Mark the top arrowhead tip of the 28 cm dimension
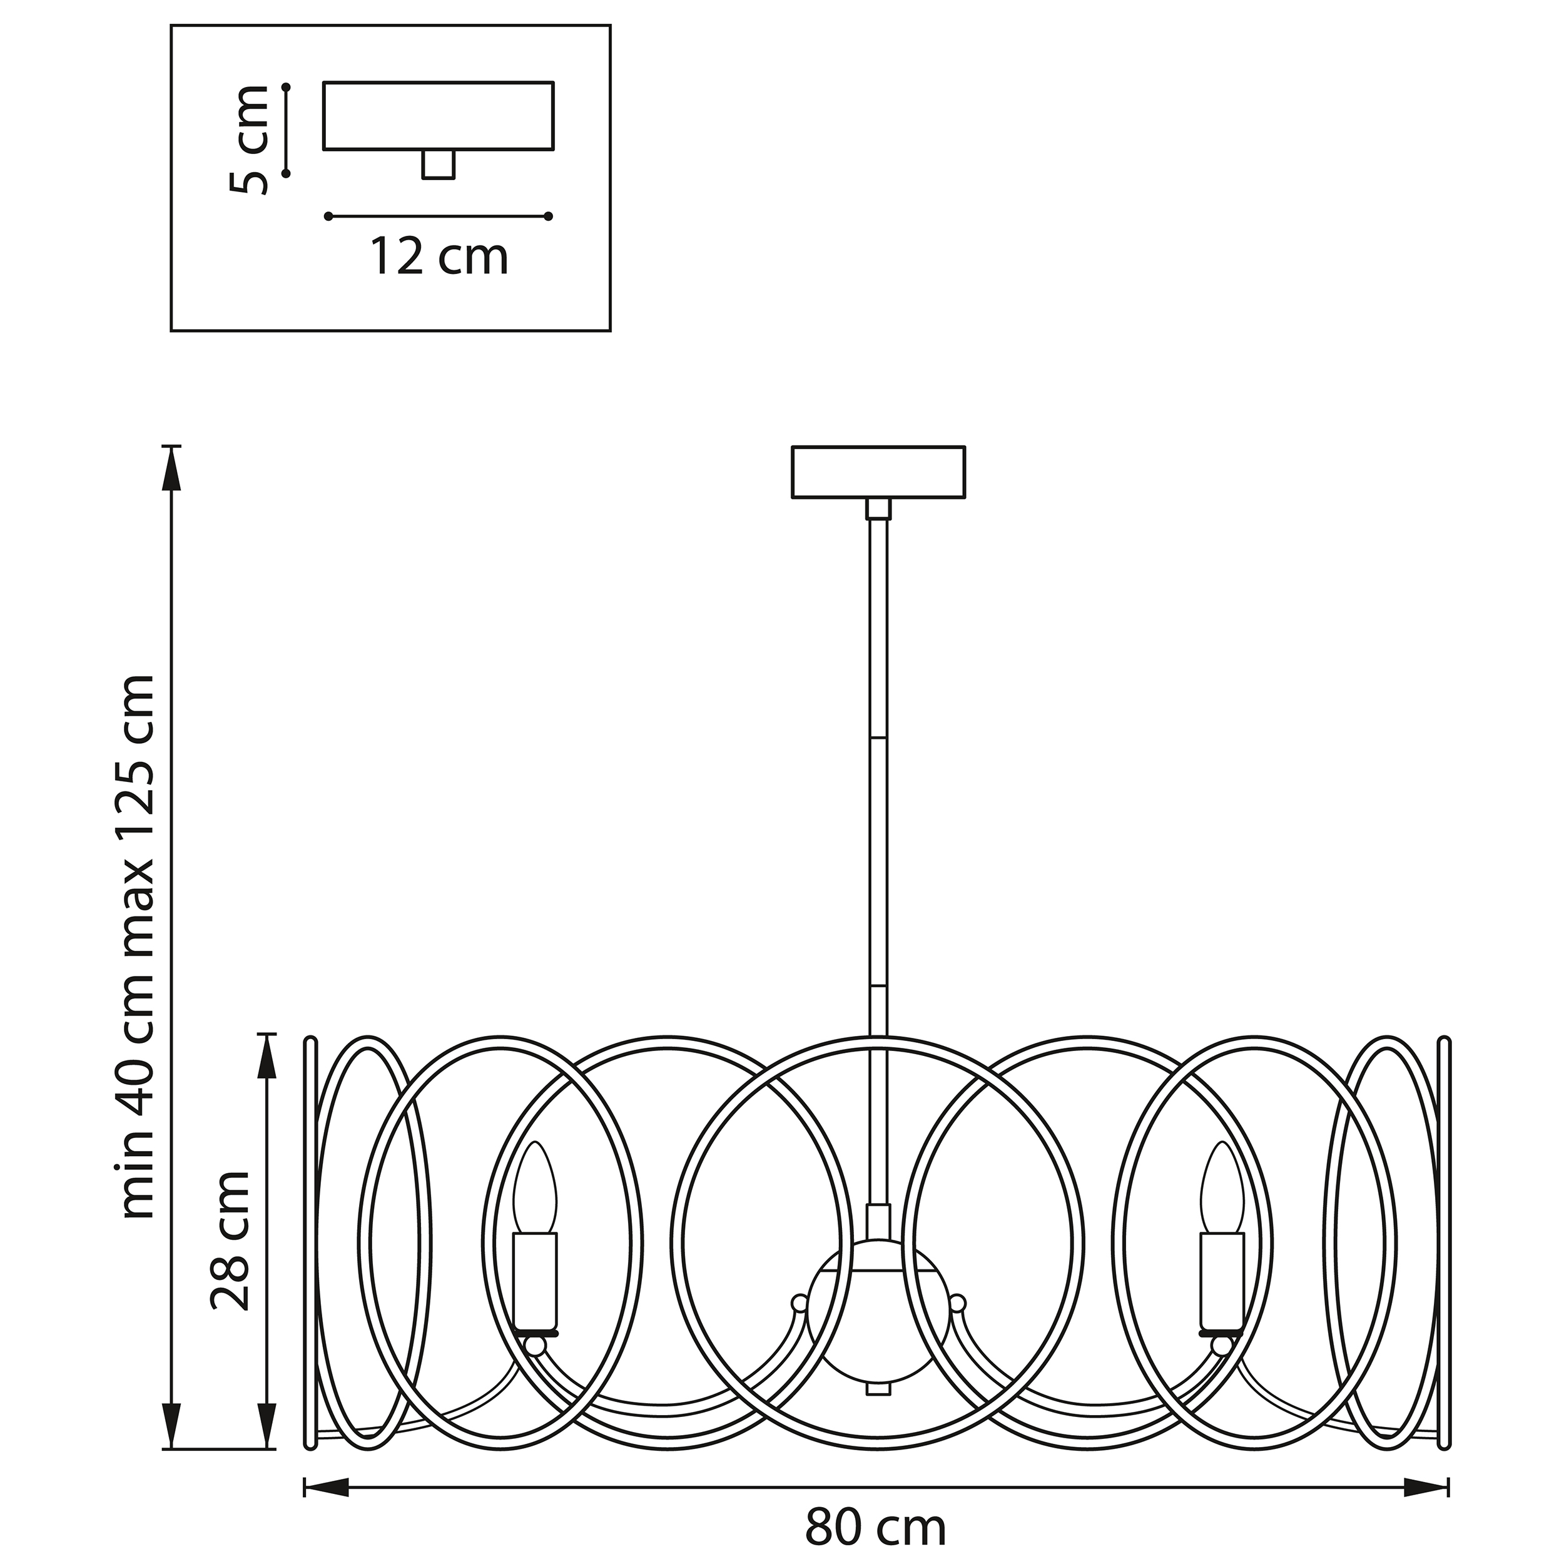point(267,1035)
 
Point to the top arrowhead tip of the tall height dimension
point(171,446)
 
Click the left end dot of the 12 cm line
point(328,216)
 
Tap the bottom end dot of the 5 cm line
point(287,173)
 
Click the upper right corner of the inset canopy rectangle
point(554,82)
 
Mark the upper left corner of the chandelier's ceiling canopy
point(793,447)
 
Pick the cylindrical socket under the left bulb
point(535,1285)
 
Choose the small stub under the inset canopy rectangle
point(439,165)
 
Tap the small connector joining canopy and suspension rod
point(878,509)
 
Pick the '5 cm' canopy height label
point(248,140)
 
